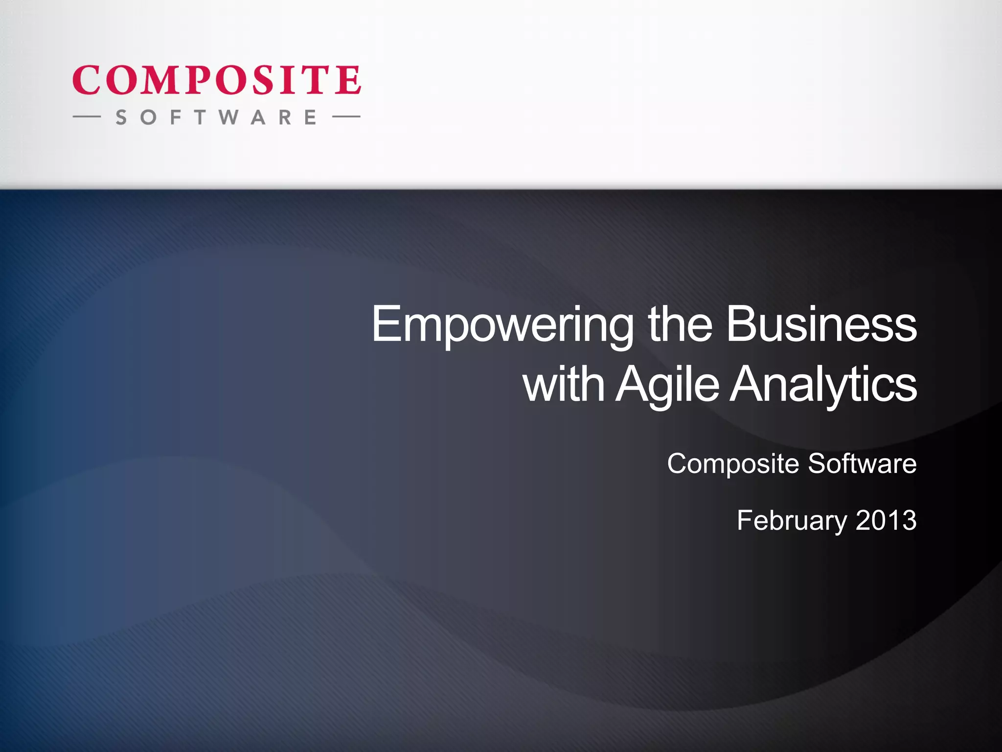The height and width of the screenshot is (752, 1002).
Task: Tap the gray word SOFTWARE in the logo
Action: tap(216, 117)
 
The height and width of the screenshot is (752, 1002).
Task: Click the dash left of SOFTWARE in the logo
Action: tap(87, 117)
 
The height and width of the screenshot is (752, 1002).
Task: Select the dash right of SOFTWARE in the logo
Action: tap(346, 117)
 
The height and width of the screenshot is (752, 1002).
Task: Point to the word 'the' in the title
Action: tap(680, 324)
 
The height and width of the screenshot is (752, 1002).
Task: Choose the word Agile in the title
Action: tap(667, 386)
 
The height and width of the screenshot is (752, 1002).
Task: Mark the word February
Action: tap(792, 521)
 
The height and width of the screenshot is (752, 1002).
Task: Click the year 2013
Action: tap(886, 520)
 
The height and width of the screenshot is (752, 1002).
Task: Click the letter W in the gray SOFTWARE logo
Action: tap(228, 117)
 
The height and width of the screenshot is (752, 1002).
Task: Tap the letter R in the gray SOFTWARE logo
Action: tap(285, 117)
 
